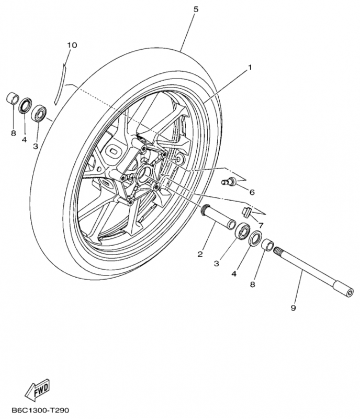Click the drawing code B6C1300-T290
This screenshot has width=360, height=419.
(x=40, y=410)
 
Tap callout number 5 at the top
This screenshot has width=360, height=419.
(x=196, y=9)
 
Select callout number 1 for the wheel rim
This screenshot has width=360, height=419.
(x=250, y=68)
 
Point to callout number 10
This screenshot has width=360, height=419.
(x=72, y=45)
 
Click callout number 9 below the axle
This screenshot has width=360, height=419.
(x=293, y=308)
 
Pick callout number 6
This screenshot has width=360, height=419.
(x=252, y=192)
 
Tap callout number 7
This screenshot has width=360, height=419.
(x=261, y=226)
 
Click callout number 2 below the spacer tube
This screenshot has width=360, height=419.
(x=200, y=255)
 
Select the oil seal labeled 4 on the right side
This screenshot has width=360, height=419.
(x=255, y=238)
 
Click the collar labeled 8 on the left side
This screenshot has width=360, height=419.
(x=12, y=99)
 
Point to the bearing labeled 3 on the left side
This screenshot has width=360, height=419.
(x=39, y=113)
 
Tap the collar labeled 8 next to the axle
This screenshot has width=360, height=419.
(x=267, y=245)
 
